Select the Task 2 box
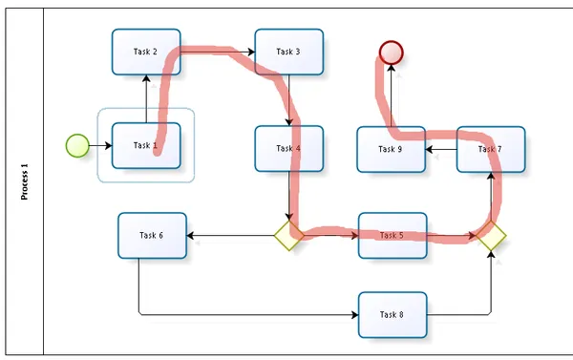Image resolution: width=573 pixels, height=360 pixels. pos(146,52)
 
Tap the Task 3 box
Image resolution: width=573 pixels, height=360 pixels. pos(288,52)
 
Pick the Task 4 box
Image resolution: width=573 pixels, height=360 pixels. pos(288,148)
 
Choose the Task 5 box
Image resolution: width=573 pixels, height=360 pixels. pos(392,235)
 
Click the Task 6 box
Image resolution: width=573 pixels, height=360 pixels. pos(152,235)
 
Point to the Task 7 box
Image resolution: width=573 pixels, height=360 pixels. pos(490,149)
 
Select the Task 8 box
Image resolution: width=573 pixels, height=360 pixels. pos(392,314)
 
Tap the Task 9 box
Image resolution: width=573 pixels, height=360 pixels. pos(391,149)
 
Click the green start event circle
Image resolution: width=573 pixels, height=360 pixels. pos(77,145)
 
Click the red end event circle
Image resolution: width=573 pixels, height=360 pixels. pos(391,53)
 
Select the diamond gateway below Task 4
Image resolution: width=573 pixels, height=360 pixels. pos(288,235)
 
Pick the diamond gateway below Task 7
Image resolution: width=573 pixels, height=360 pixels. pos(491,235)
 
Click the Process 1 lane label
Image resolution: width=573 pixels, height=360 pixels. pos(25,181)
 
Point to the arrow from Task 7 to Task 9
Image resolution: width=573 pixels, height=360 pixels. pos(441,149)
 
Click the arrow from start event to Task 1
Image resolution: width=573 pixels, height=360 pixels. pos(99,145)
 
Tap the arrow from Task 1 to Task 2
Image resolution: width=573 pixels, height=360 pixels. pos(146,99)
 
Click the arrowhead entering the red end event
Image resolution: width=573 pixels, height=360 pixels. pos(391,70)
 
